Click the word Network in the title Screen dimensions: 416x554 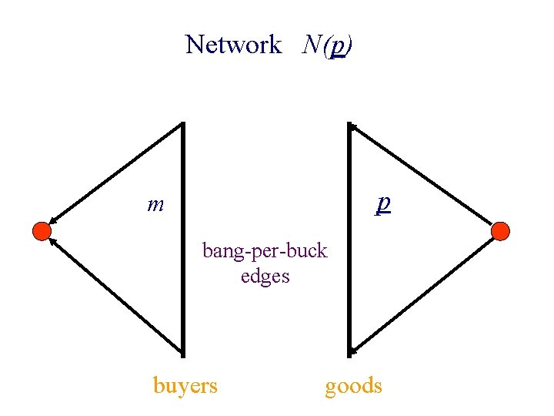pos(233,45)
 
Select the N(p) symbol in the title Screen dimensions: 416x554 pos(328,45)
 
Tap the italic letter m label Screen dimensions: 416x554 pos(155,205)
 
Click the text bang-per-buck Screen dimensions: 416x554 pos(265,250)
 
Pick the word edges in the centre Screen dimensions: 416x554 pos(265,275)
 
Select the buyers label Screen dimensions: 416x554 pos(185,384)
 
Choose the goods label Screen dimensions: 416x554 pos(353,384)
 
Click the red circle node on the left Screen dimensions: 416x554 pos(42,230)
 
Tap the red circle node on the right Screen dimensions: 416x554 pos(500,230)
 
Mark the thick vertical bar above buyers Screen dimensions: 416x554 pos(183,239)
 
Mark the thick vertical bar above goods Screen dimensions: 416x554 pos(349,239)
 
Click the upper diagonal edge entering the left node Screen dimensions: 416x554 pos(115,174)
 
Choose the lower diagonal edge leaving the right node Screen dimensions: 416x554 pos(423,294)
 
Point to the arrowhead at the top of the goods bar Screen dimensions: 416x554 pos(353,127)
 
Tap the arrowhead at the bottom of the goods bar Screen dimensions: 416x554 pos(353,351)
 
